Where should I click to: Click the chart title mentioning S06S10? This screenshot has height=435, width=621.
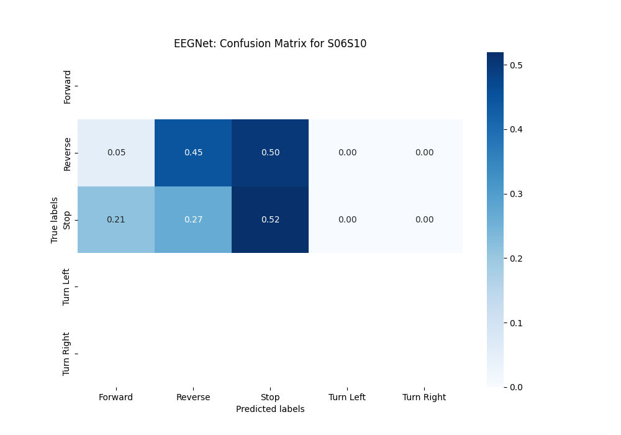click(270, 44)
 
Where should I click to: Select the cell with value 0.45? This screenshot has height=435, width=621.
click(193, 153)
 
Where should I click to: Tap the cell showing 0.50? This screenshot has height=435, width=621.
click(270, 153)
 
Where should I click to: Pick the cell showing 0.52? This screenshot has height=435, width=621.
click(270, 220)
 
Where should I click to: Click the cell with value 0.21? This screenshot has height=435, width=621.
click(116, 220)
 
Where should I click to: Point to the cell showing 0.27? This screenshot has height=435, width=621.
click(193, 220)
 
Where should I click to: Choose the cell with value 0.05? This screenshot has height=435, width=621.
click(116, 153)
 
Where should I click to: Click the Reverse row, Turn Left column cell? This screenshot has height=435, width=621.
click(347, 153)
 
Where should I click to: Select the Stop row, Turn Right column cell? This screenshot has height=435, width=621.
click(424, 220)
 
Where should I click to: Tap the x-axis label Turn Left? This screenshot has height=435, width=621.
click(347, 397)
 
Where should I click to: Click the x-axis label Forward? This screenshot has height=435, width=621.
click(116, 397)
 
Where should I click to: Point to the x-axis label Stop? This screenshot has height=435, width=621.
click(270, 397)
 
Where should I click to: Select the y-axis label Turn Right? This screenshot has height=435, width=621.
click(67, 354)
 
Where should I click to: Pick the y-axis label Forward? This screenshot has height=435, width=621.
click(67, 86)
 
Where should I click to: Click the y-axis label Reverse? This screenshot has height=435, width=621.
click(67, 153)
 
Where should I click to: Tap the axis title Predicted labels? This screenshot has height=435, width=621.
click(270, 409)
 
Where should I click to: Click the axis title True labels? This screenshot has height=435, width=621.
click(55, 220)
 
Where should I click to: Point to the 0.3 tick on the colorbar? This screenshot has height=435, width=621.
click(515, 194)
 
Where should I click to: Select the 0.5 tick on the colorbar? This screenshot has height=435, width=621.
click(515, 65)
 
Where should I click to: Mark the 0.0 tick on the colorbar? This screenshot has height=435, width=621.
click(515, 387)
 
